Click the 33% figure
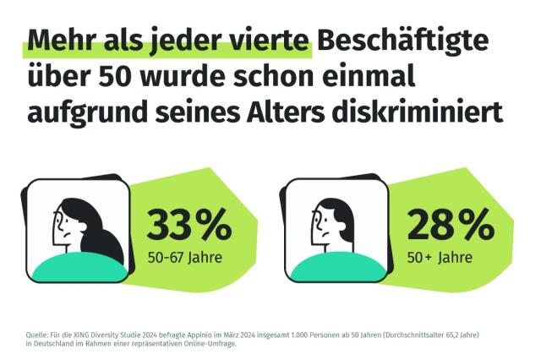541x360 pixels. [x=189, y=225]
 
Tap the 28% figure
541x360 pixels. [x=451, y=225]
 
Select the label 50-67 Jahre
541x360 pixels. [x=184, y=256]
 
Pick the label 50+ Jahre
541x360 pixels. [x=439, y=256]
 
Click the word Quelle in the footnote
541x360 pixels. [x=38, y=335]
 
